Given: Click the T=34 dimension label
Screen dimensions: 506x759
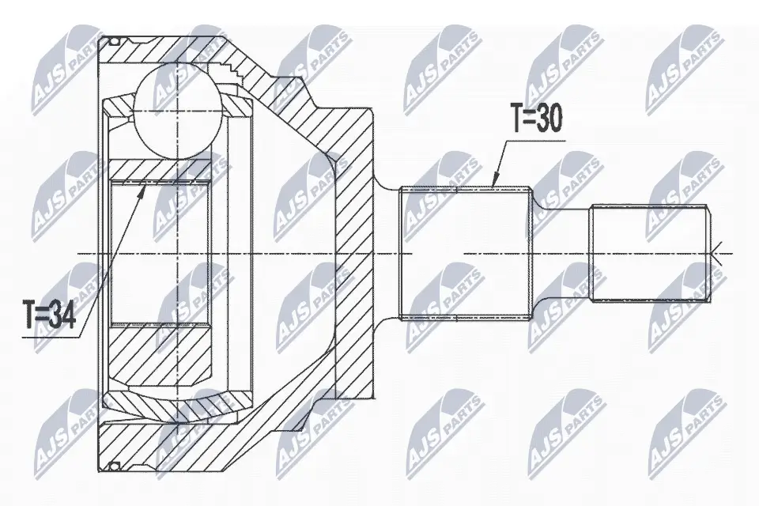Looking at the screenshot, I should click(49, 317).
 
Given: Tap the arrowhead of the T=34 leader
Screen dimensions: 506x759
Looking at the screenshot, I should click(144, 186).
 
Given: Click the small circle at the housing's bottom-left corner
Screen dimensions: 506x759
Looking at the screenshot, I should click(113, 464).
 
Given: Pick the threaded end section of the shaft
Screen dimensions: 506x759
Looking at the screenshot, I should click(648, 253).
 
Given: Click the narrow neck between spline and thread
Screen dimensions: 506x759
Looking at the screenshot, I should click(560, 253).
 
